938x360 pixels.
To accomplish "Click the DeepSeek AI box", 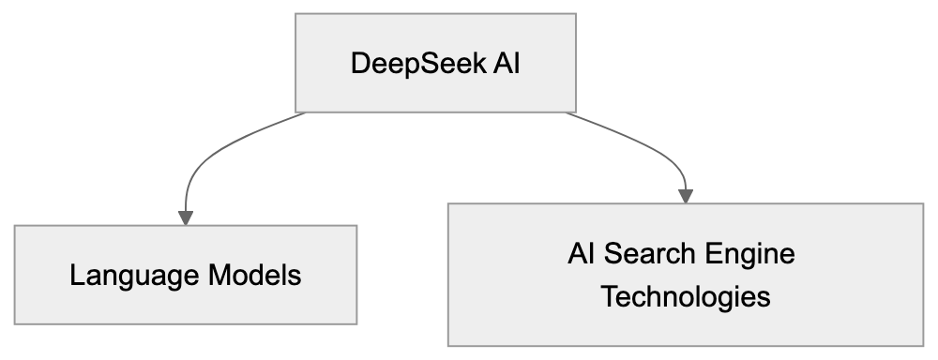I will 434,63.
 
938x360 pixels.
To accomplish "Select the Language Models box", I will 186,276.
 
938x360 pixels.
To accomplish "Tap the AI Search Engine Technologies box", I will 685,274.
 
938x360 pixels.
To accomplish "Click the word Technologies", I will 685,297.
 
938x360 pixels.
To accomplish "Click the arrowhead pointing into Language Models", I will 186,217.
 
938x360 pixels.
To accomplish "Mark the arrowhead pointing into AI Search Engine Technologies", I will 685,195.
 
